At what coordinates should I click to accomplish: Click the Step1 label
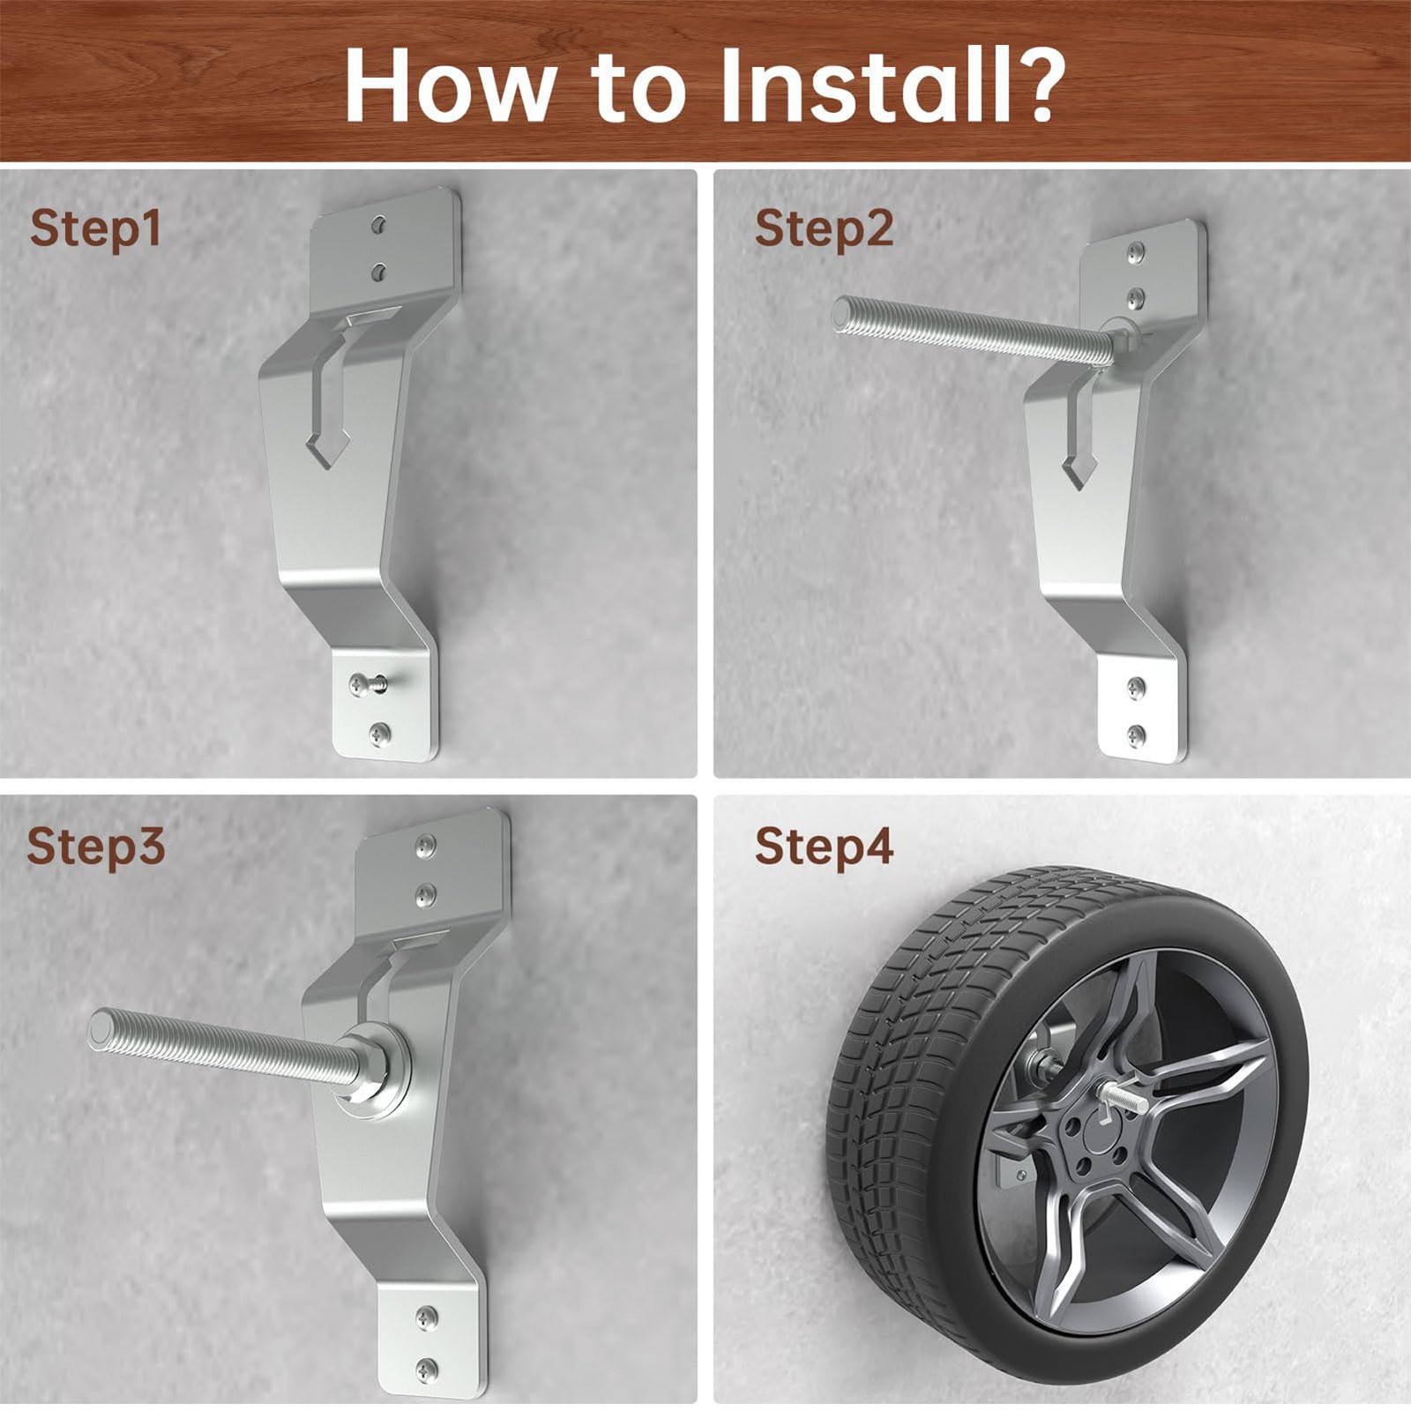(95, 230)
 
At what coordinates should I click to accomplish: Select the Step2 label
(824, 230)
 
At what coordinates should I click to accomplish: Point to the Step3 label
(95, 847)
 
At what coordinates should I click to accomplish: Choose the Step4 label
(824, 847)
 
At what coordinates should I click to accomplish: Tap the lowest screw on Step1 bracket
(380, 732)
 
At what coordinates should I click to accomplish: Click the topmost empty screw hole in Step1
(379, 225)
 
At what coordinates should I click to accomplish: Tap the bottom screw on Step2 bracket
(1137, 734)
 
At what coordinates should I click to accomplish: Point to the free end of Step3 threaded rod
(101, 1029)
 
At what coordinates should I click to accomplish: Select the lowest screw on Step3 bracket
(427, 1369)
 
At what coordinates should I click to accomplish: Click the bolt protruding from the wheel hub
(1123, 1098)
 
